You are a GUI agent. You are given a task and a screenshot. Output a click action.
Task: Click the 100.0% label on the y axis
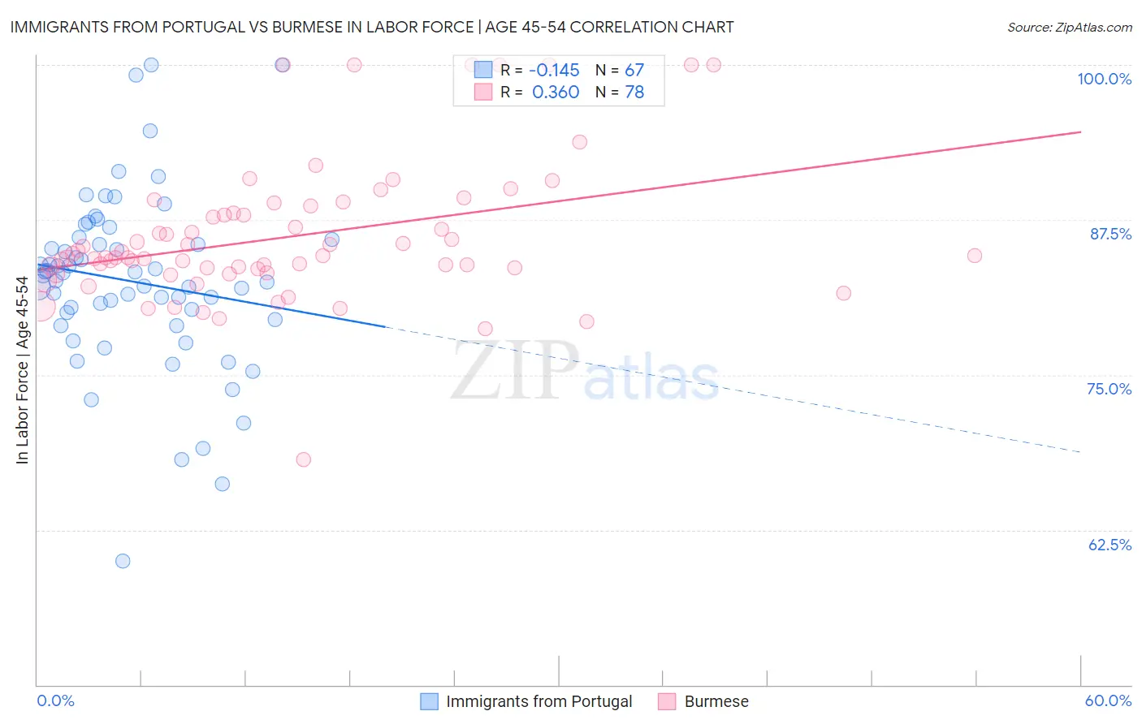tap(1104, 79)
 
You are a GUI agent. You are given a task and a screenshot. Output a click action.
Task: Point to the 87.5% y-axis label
tap(1110, 234)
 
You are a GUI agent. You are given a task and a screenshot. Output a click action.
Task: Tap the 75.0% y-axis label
tap(1109, 389)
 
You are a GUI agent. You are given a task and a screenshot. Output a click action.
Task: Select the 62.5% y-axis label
tap(1110, 545)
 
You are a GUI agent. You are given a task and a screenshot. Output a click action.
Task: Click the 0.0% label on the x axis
tap(55, 700)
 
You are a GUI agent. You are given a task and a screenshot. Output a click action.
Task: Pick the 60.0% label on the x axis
tap(1108, 700)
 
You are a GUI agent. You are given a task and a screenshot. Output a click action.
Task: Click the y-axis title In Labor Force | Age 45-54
tap(22, 370)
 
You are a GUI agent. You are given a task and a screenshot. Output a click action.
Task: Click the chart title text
tap(372, 27)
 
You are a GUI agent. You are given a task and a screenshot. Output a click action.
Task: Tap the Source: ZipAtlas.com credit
tap(1069, 27)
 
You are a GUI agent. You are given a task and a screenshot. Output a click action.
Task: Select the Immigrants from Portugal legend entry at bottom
tap(539, 701)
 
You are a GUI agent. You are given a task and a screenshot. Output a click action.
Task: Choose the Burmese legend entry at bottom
tap(716, 701)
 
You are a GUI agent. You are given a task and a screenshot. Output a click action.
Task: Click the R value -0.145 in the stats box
tap(554, 70)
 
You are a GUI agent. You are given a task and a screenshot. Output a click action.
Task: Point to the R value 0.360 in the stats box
tap(556, 92)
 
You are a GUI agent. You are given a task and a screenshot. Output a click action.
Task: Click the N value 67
tap(634, 70)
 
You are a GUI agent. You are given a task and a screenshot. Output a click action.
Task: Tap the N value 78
tap(634, 92)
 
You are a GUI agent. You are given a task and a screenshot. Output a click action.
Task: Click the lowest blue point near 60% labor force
tap(123, 561)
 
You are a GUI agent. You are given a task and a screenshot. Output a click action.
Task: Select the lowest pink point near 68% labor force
tap(304, 459)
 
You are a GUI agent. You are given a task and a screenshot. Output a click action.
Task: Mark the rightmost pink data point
tap(975, 256)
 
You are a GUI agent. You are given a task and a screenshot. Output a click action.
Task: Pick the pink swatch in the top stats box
tap(483, 92)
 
